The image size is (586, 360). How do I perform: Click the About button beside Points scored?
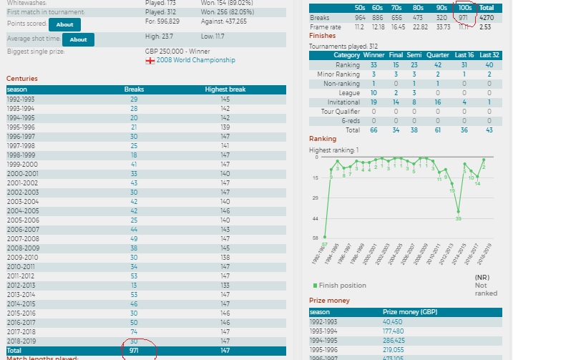(64, 24)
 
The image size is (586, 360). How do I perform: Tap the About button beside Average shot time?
(79, 39)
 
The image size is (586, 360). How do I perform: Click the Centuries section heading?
(22, 79)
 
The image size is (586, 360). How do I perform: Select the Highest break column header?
(225, 89)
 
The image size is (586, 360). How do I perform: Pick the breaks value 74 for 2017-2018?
(134, 331)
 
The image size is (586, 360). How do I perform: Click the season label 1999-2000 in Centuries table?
(22, 164)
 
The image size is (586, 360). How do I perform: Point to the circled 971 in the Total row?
(134, 351)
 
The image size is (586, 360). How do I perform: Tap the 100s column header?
(464, 8)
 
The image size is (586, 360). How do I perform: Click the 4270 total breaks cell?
(487, 18)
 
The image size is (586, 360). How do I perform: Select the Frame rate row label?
(326, 26)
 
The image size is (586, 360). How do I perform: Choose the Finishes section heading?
(322, 36)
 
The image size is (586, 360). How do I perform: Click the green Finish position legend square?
(315, 286)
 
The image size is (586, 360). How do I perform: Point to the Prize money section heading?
(329, 301)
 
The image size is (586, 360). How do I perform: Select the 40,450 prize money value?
(395, 322)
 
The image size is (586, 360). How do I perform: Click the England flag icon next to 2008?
(150, 61)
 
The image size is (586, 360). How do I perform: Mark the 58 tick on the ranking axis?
(314, 238)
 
